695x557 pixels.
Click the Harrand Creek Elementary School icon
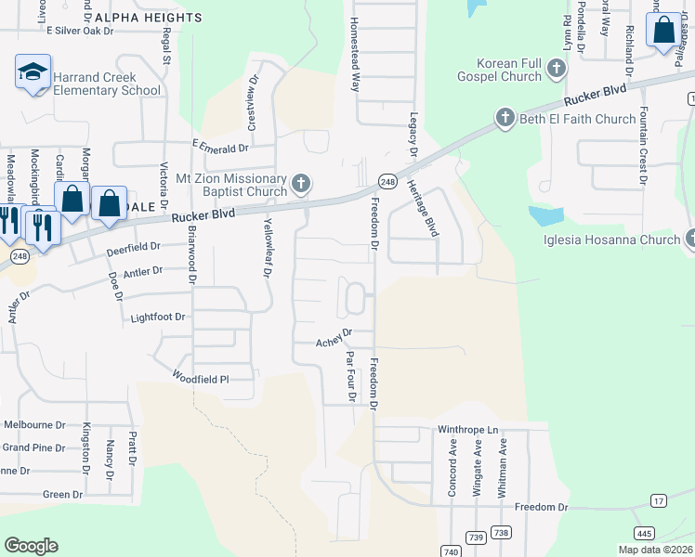[33, 71]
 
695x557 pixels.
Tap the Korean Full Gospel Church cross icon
[557, 68]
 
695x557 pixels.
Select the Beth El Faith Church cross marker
[505, 118]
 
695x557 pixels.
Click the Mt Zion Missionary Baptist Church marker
[300, 184]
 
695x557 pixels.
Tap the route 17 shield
[659, 501]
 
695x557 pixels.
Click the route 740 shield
[452, 551]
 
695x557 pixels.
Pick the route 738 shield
[501, 532]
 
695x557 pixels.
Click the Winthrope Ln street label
[468, 431]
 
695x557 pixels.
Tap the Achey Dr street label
[334, 336]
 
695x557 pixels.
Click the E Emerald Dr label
[220, 147]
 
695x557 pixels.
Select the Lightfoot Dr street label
[157, 317]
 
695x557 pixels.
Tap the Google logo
[31, 546]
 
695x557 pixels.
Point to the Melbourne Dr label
[34, 424]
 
